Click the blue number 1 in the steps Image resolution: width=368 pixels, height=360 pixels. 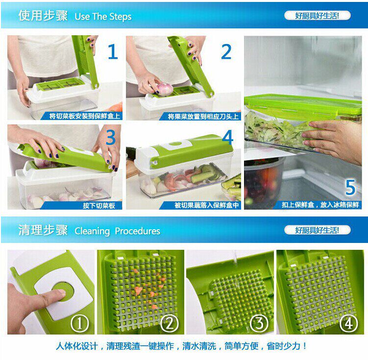113,51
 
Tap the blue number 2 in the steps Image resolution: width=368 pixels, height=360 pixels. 226,51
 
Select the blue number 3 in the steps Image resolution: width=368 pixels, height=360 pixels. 111,137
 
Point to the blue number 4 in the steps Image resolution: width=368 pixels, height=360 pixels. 228,137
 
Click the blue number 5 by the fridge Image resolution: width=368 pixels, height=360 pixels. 350,187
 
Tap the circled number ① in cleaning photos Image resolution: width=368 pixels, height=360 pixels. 80,323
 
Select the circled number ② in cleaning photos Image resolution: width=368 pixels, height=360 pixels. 170,323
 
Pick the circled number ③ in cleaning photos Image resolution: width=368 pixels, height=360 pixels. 259,323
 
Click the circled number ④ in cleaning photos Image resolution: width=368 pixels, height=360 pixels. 349,323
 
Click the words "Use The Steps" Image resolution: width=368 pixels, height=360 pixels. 103,17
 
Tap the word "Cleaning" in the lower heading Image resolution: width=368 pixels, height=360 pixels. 92,231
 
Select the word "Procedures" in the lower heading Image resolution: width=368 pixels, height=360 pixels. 138,231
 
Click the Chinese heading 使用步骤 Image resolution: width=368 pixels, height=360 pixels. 43,16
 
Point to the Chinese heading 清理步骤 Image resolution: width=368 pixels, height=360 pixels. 43,230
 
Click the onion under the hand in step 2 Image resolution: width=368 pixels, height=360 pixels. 165,89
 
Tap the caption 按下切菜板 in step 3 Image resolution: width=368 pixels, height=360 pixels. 99,206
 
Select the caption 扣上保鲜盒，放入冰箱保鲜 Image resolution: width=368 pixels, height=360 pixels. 320,205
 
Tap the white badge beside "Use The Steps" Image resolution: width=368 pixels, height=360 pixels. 318,16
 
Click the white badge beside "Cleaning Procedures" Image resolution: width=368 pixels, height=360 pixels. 318,230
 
